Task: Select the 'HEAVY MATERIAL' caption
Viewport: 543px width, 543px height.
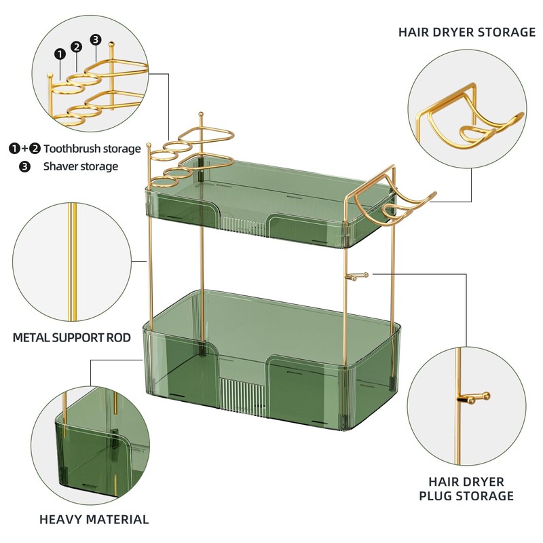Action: point(94,520)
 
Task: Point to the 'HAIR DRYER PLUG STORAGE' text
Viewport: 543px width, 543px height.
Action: point(466,489)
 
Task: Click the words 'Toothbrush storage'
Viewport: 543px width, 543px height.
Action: point(92,148)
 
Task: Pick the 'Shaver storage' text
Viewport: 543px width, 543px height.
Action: point(81,166)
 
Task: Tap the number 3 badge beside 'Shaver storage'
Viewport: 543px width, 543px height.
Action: point(24,166)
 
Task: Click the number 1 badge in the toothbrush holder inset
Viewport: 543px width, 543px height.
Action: point(60,53)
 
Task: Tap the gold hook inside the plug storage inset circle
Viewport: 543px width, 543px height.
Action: point(474,398)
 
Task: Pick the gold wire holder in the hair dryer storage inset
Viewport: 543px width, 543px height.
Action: point(468,126)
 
